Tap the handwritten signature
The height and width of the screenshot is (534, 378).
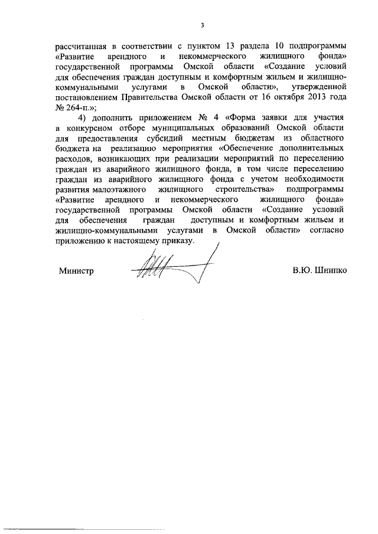[172, 268]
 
